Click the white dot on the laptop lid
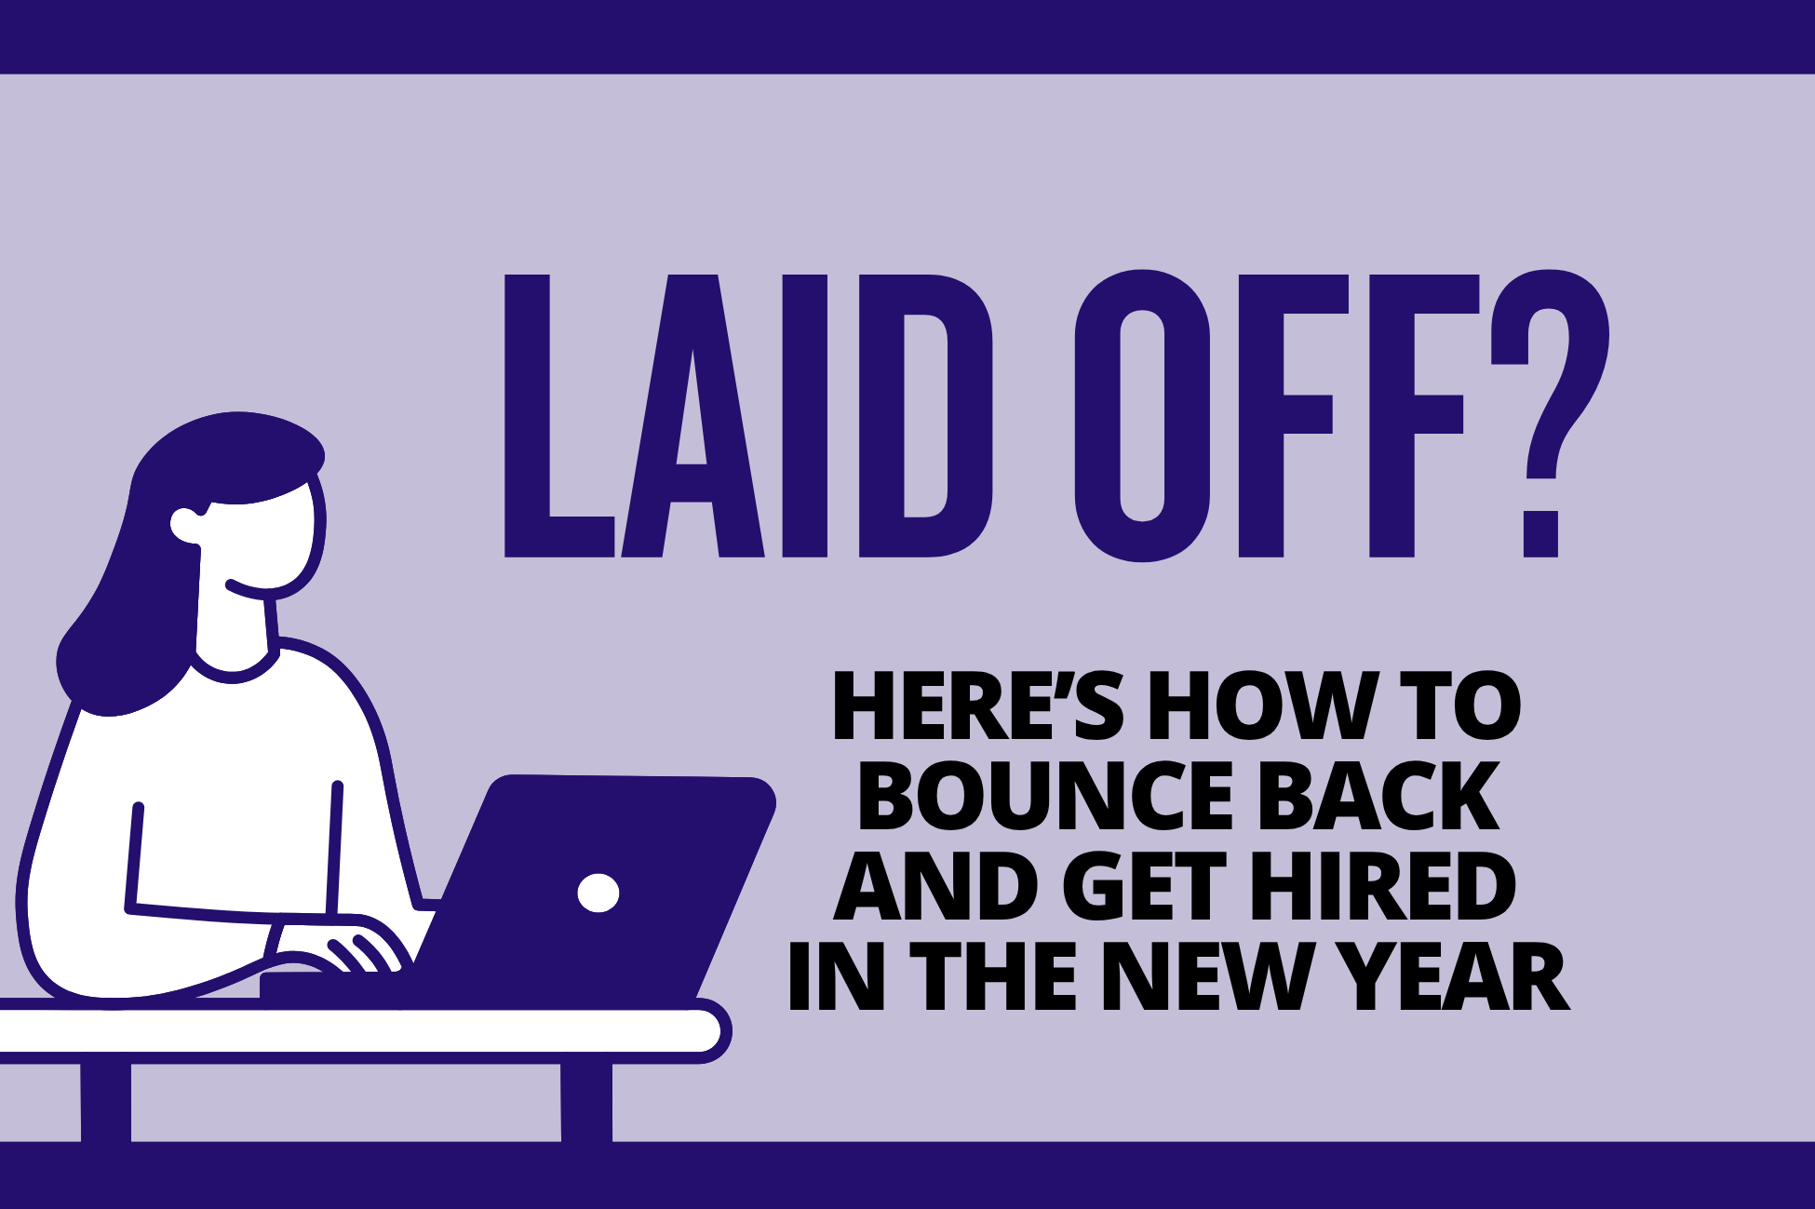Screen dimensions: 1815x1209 click(598, 893)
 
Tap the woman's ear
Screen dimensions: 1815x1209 click(187, 527)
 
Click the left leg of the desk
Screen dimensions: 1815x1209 click(105, 1102)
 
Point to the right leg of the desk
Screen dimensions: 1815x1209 click(586, 1102)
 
